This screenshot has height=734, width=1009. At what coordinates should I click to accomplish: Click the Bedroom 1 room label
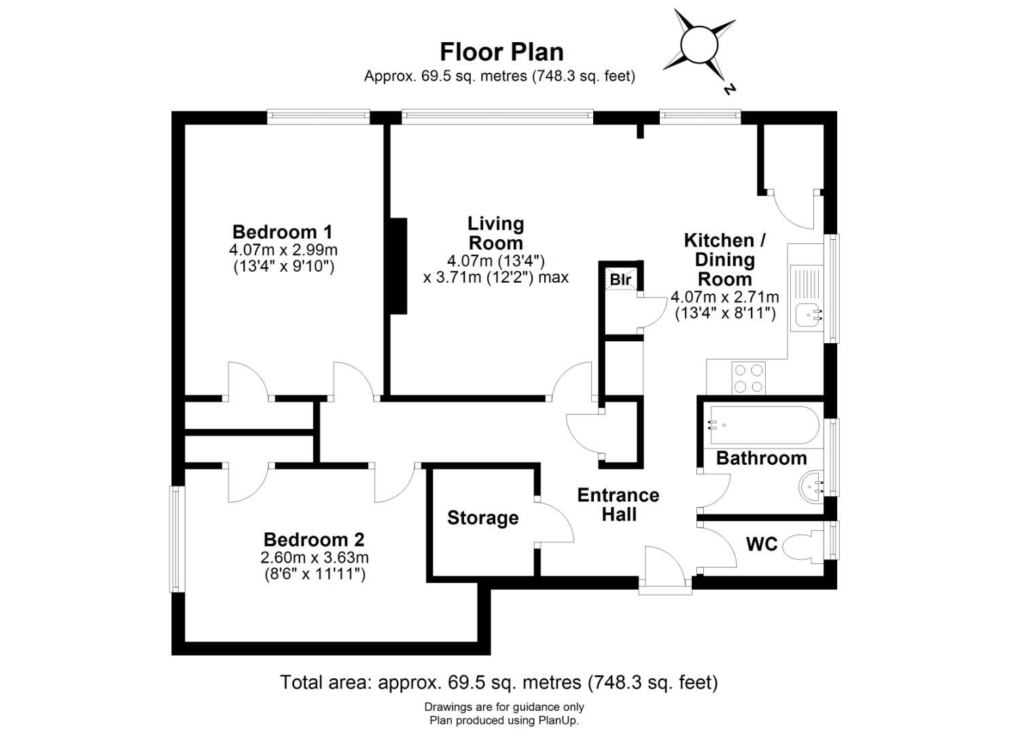[282, 232]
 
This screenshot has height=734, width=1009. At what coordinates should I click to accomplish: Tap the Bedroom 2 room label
[314, 540]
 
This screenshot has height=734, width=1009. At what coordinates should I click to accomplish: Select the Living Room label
[496, 233]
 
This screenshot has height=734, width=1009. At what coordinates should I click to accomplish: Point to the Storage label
[482, 518]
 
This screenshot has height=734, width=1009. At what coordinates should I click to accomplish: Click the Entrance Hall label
[618, 504]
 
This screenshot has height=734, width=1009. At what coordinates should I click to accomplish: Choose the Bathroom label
[761, 458]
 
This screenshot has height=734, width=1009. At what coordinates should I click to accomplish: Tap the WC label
[761, 544]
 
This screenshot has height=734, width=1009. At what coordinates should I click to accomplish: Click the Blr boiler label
[620, 279]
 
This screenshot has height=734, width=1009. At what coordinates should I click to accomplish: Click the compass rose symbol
[699, 46]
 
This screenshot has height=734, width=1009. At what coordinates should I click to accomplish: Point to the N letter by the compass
[730, 88]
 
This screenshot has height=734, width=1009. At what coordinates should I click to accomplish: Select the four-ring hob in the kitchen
[748, 378]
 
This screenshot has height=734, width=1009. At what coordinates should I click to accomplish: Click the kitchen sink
[809, 314]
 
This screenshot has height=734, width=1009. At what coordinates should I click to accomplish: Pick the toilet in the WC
[802, 546]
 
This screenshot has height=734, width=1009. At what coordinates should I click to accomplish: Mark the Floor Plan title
[501, 52]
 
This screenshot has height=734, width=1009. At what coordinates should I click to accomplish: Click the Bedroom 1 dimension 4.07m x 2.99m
[283, 250]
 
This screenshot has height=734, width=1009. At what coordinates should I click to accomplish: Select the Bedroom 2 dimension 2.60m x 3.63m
[315, 558]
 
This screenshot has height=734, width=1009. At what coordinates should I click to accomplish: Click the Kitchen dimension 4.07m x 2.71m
[724, 297]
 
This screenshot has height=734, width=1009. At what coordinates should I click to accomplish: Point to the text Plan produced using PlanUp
[503, 720]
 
